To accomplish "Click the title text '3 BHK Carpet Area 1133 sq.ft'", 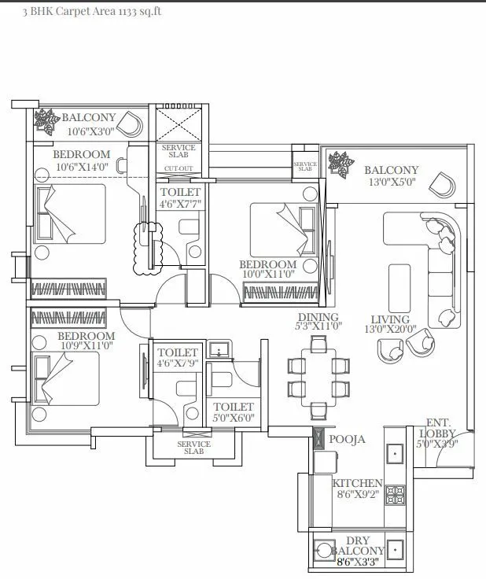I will pos(82,12).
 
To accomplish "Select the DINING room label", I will pos(318,317).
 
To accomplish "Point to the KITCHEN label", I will pos(357,483).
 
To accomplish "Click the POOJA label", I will pos(347,439).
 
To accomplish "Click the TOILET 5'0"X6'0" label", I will pos(234,412).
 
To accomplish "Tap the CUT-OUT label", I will pos(178,168).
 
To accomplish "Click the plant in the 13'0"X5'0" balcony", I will pos(341,164).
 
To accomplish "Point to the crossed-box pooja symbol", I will pos(318,439).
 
